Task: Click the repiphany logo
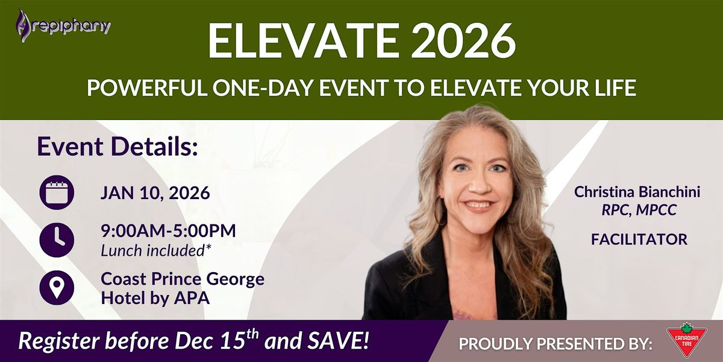click(x=63, y=26)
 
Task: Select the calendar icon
click(x=57, y=192)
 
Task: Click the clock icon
click(x=57, y=240)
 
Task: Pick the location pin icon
click(x=57, y=287)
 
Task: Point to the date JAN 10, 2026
click(x=155, y=193)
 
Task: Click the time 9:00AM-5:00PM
click(x=169, y=230)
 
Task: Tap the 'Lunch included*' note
click(x=156, y=250)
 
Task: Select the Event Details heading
click(x=117, y=147)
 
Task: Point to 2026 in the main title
click(x=464, y=41)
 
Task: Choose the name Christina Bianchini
click(x=637, y=192)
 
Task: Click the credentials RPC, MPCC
click(x=639, y=210)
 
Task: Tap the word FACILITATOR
click(x=639, y=240)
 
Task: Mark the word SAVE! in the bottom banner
click(x=338, y=341)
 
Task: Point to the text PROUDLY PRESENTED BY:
click(x=555, y=343)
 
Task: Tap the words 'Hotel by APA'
click(x=155, y=297)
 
